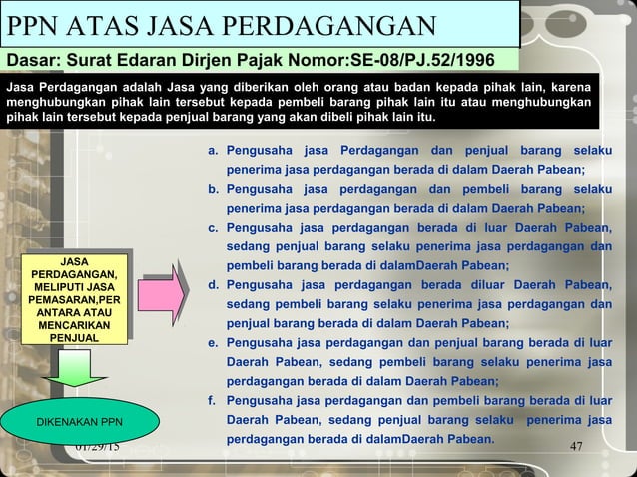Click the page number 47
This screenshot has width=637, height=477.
pyautogui.click(x=576, y=446)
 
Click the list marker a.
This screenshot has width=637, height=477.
pyautogui.click(x=213, y=152)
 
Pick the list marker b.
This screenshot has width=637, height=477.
pyautogui.click(x=213, y=190)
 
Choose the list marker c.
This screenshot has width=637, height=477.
pyautogui.click(x=213, y=229)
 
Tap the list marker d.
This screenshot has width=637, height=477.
pyautogui.click(x=213, y=286)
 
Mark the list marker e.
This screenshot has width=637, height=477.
pyautogui.click(x=213, y=343)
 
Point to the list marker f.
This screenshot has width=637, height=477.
pyautogui.click(x=212, y=401)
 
